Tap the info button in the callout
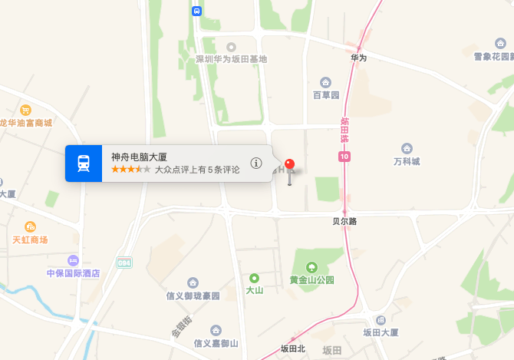256,163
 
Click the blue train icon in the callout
83,163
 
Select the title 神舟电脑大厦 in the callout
139,157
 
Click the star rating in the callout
130,169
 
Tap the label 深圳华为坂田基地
231,59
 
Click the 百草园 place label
325,95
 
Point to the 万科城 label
407,161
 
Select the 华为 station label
358,58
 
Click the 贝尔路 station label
344,221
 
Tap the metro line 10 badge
344,157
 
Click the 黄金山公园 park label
311,279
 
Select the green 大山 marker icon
254,278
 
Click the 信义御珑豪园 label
193,296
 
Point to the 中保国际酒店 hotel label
74,272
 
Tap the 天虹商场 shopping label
30,239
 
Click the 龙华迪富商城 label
25,123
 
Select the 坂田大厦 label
381,332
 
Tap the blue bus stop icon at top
196,11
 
